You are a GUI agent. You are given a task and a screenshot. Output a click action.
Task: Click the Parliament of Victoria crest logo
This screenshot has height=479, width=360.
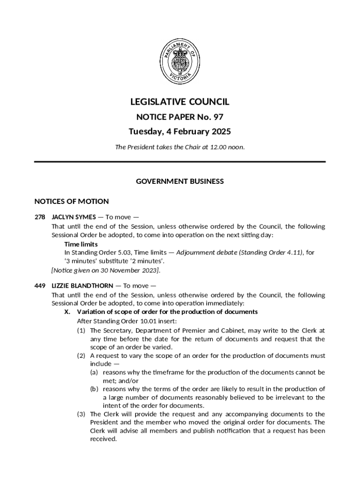(x=180, y=61)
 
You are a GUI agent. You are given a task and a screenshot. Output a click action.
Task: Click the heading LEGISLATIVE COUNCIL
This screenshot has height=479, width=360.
(x=180, y=102)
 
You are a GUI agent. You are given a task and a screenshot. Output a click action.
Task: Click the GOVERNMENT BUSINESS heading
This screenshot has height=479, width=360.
(x=180, y=181)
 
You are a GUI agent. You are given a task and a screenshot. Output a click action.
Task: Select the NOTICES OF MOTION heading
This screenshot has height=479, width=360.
(x=72, y=202)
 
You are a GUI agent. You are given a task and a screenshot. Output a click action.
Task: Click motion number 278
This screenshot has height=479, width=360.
(x=40, y=217)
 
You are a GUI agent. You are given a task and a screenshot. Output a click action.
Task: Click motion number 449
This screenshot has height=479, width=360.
(x=40, y=286)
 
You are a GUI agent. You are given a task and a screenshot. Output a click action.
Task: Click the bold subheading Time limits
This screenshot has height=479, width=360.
(x=81, y=244)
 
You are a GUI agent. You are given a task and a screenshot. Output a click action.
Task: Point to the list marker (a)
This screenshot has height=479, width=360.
(x=94, y=372)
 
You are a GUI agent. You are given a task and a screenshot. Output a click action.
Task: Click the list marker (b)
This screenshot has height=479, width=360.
(x=94, y=389)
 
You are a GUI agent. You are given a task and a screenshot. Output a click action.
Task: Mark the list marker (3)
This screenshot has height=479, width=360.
(x=81, y=414)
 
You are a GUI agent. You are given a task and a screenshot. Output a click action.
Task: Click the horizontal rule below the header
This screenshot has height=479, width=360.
(x=180, y=162)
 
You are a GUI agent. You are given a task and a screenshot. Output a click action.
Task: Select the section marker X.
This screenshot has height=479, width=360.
(x=67, y=312)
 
